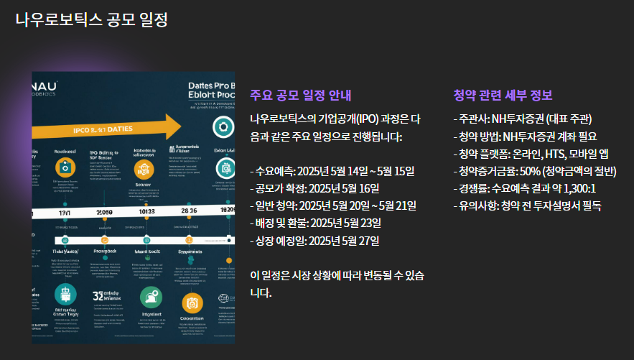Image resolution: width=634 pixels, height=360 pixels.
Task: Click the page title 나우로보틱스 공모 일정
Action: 91,19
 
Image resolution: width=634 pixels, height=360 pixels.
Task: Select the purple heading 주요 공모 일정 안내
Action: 301,96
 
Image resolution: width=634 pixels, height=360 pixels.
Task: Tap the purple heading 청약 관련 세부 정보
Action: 503,96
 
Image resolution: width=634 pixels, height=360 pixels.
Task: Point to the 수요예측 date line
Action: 333,170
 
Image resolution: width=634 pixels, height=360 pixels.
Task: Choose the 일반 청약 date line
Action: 333,206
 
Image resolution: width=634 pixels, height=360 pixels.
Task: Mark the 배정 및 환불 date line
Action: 315,223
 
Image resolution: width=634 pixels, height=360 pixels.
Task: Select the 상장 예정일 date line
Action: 314,240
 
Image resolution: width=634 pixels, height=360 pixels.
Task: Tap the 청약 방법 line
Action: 525,136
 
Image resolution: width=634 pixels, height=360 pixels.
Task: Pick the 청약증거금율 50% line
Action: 535,171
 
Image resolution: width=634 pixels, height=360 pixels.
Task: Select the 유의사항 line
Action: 528,206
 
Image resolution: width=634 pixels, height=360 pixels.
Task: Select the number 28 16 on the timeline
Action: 190,211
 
